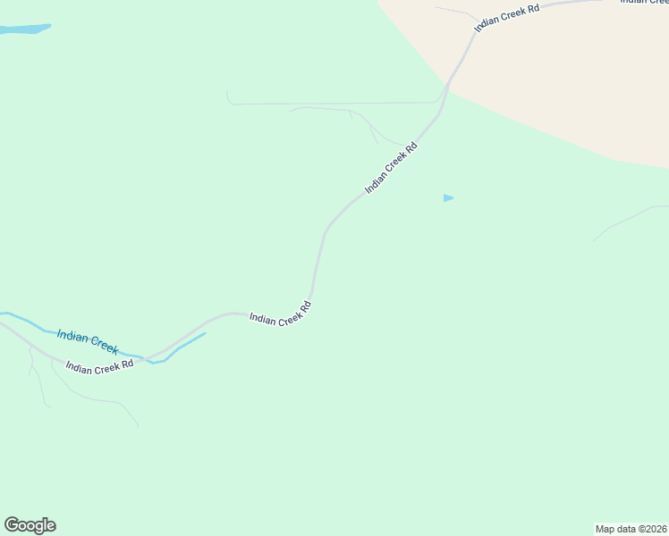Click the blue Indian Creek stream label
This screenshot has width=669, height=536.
(87, 341)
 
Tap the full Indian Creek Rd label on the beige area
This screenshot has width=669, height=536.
(507, 17)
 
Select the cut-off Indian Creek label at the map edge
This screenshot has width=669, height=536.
(645, 3)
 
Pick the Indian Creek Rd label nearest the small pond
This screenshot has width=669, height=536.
(392, 167)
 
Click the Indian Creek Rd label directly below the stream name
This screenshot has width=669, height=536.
(99, 365)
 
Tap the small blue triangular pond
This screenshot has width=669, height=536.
(447, 197)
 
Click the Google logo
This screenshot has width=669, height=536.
(30, 525)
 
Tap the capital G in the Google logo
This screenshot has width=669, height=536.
(12, 525)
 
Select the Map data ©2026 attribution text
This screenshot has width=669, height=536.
(631, 528)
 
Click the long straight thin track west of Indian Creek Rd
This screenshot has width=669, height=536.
(331, 104)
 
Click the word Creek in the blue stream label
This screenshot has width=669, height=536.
(103, 346)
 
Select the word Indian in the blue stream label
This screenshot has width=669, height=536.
(72, 336)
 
